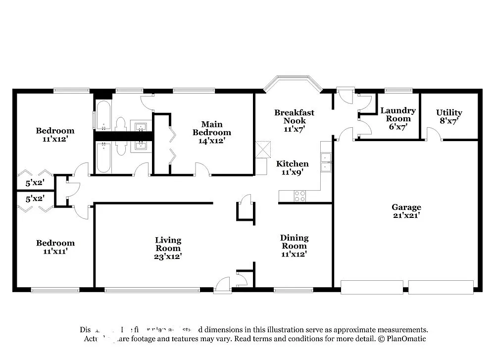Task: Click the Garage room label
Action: pos(406,211)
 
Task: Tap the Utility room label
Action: pos(449,116)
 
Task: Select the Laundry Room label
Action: pos(398,115)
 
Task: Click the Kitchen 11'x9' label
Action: pos(292,168)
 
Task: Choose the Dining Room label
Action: pos(294,246)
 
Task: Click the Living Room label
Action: pos(168,248)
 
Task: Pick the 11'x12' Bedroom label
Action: pos(55,135)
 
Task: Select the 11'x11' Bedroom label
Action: pos(55,247)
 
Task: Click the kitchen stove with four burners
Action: pos(300,196)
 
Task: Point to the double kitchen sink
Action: pos(326,162)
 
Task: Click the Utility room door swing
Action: pos(433,134)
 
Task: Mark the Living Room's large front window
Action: pos(152,290)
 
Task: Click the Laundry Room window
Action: pos(398,91)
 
